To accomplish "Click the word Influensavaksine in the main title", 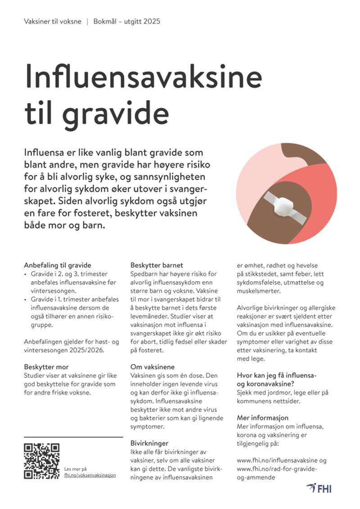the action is click(x=143, y=76).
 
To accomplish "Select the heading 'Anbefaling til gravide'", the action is click(x=57, y=266).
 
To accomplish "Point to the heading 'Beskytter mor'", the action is click(x=46, y=367).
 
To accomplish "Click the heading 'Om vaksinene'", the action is click(x=153, y=367).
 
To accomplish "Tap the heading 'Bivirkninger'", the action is click(x=150, y=443).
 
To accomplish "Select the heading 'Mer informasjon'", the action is click(x=262, y=418).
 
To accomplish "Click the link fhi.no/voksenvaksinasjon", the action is click(x=90, y=475).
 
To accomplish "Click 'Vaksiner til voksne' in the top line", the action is click(x=53, y=22).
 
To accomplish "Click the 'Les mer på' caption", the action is click(x=76, y=468).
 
